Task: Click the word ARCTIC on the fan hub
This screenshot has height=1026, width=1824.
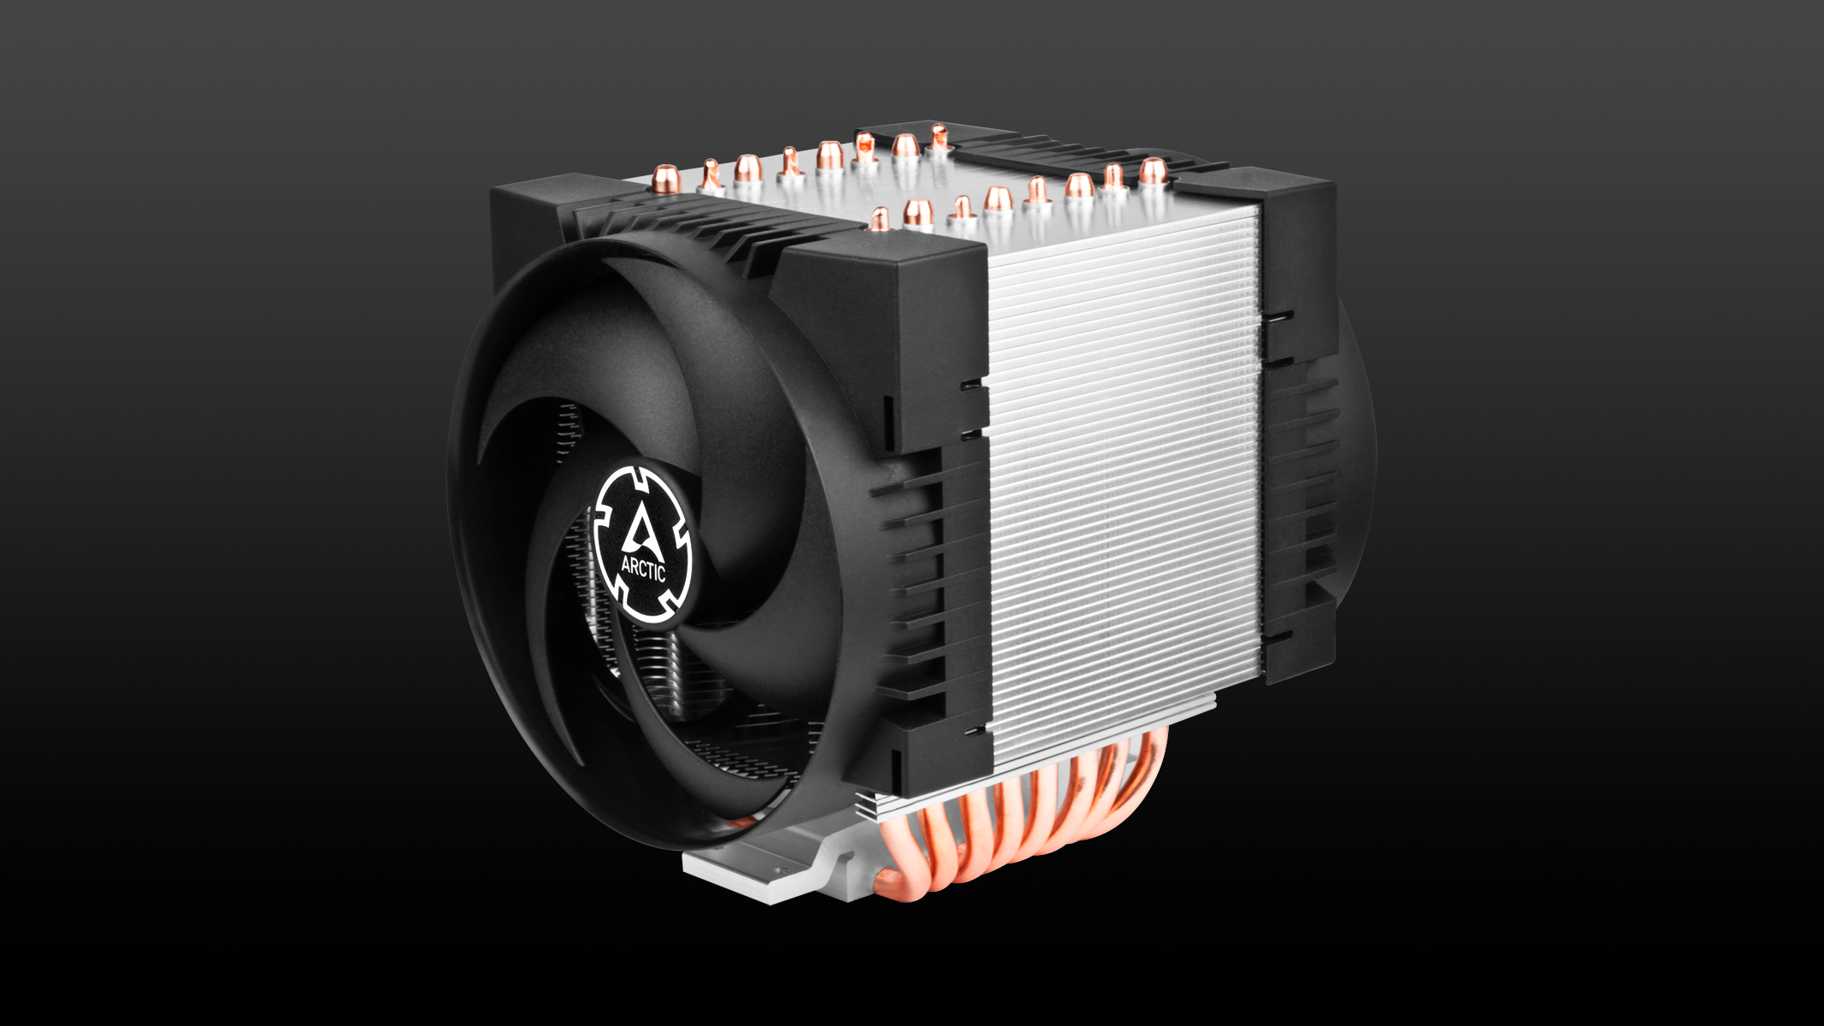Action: tap(643, 568)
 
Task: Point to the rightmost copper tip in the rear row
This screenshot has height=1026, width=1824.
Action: tap(1153, 172)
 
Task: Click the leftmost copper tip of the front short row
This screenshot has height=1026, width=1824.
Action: tap(880, 219)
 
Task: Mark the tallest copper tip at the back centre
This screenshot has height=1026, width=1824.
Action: tap(938, 136)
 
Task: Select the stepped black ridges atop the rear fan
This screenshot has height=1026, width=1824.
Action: tap(1069, 154)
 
